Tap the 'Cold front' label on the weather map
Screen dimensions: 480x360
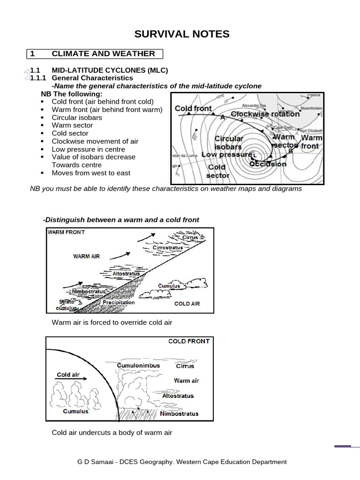[193, 108]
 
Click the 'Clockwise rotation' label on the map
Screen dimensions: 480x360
[265, 114]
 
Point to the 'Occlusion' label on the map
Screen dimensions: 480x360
[268, 164]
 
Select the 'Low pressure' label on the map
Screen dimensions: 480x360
[226, 155]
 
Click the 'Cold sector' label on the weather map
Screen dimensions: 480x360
[217, 171]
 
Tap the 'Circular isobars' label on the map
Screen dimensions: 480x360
[229, 142]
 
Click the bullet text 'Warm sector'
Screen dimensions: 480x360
[72, 125]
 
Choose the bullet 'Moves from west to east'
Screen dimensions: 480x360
[91, 173]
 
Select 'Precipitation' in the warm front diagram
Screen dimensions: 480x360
[119, 303]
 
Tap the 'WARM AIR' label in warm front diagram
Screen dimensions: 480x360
[86, 256]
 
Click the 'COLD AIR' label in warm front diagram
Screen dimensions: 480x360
[187, 304]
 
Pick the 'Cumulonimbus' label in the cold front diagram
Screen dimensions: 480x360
[138, 366]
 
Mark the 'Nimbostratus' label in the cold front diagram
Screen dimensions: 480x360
[179, 413]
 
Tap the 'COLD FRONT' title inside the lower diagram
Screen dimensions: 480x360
[188, 341]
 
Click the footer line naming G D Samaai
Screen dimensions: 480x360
[182, 462]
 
